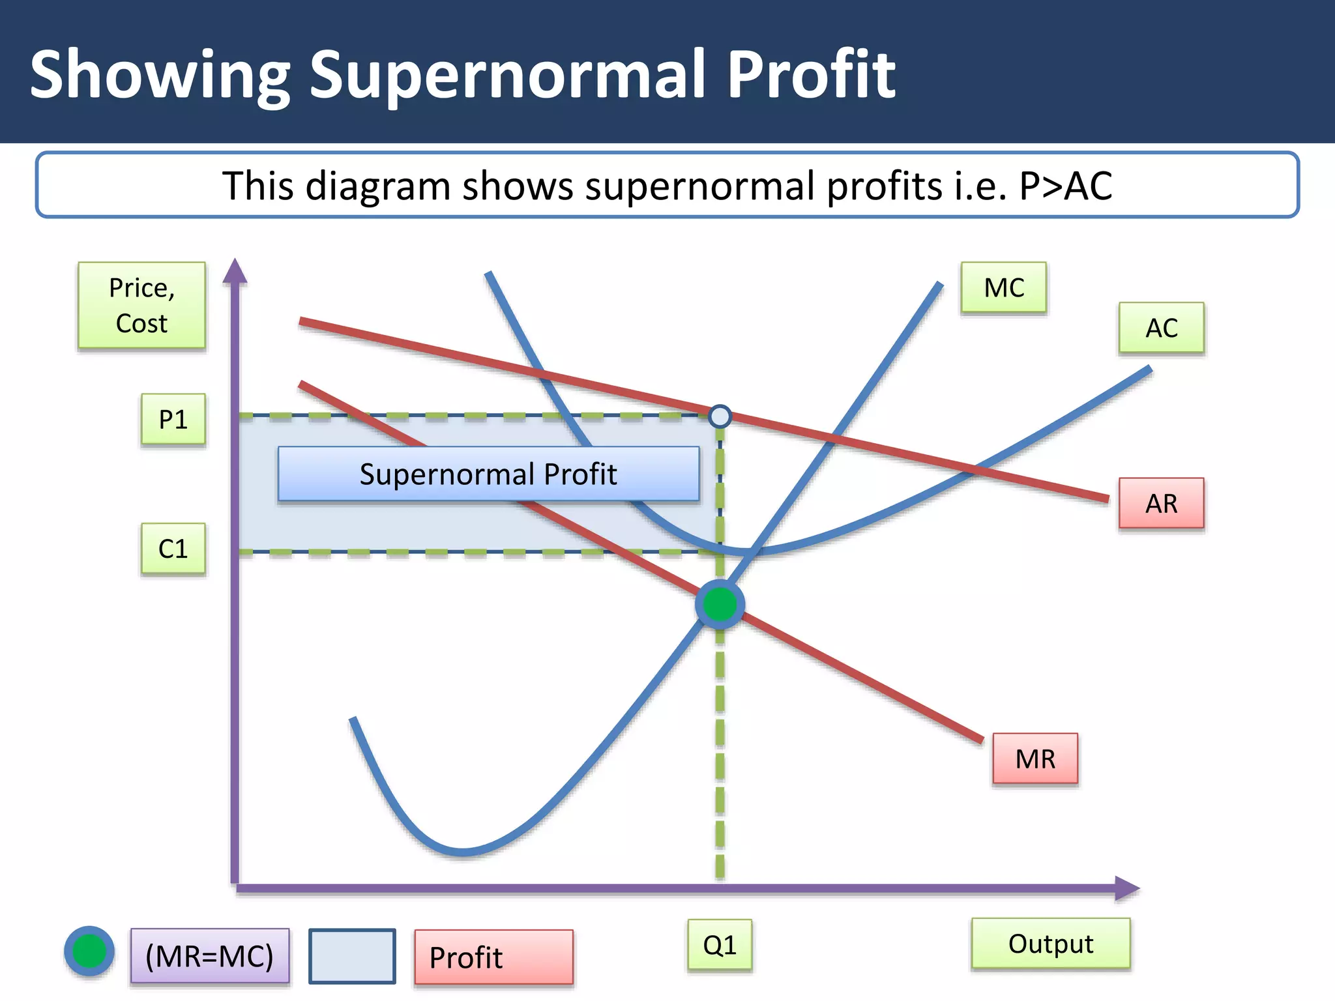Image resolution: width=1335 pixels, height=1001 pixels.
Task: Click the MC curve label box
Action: (x=1003, y=287)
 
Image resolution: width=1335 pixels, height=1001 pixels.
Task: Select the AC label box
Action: (x=1161, y=328)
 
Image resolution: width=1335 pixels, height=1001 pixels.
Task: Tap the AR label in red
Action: (x=1161, y=503)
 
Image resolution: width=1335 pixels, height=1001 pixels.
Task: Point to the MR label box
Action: (x=1034, y=759)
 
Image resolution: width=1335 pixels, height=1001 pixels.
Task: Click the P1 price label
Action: (x=173, y=419)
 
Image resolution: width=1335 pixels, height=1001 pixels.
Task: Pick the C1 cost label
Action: (x=173, y=549)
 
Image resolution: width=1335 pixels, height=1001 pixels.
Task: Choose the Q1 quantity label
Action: (x=720, y=945)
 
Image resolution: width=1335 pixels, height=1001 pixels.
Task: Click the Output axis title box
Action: (x=1050, y=944)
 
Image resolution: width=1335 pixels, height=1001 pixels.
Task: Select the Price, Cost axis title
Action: (x=141, y=305)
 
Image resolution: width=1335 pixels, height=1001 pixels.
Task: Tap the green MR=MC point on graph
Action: (x=720, y=604)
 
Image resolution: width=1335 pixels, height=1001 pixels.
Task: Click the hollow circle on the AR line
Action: (x=720, y=416)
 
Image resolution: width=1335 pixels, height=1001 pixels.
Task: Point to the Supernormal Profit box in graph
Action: (x=488, y=474)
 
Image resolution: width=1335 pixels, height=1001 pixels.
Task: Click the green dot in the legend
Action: (x=89, y=951)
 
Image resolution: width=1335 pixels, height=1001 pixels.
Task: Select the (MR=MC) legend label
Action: (x=209, y=956)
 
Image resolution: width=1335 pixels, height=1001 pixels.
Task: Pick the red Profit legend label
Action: (x=493, y=957)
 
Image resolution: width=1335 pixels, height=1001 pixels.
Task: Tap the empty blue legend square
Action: (x=352, y=956)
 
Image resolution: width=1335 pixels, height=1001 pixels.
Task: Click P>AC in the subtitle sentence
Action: (x=1065, y=186)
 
